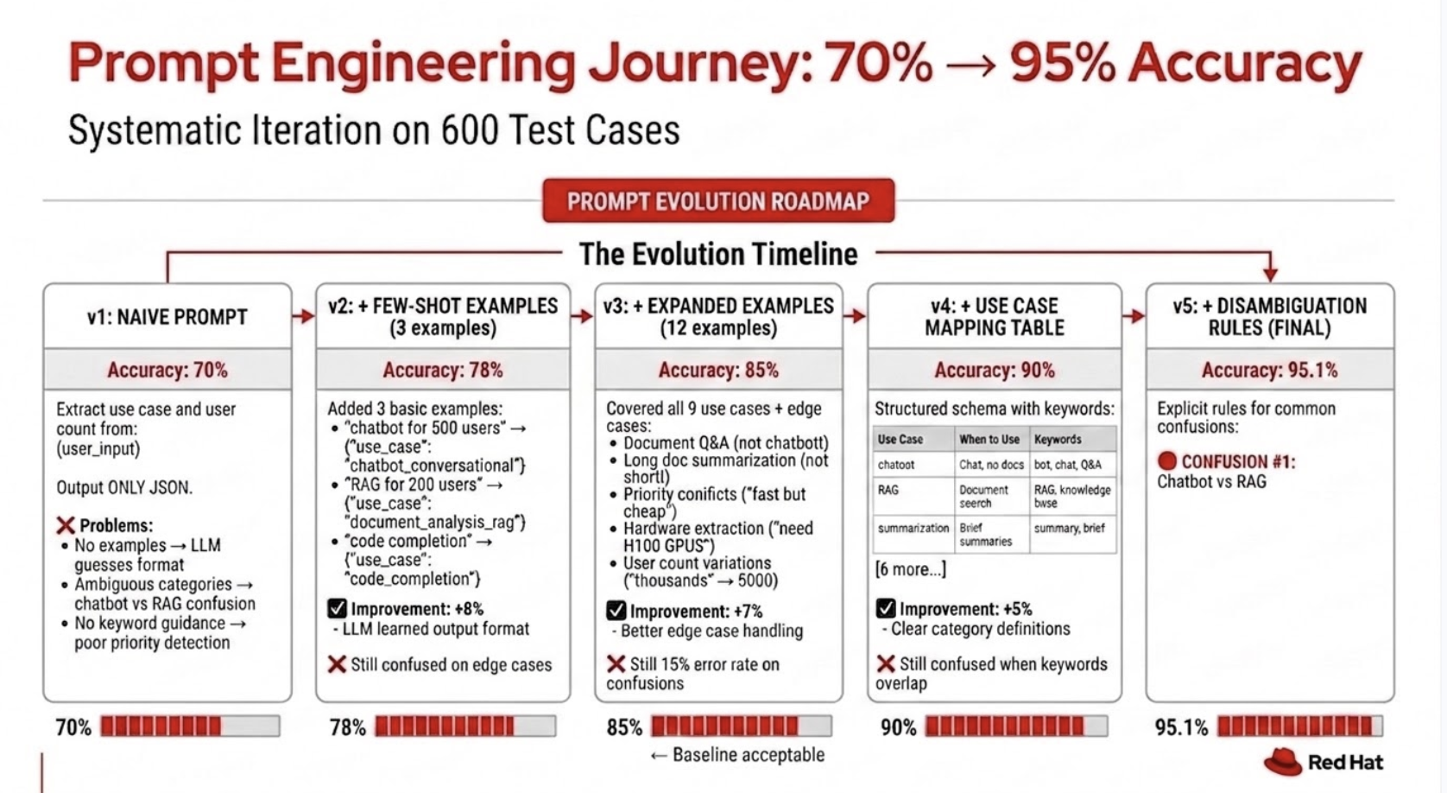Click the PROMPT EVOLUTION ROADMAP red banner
coord(718,201)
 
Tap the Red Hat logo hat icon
coord(1282,762)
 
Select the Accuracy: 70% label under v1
coord(167,371)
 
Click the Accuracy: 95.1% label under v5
coord(1269,371)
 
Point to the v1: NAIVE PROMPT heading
coord(167,317)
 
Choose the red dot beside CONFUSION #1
coord(1166,460)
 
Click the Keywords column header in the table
coord(1058,440)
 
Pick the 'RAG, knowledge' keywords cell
coord(1072,497)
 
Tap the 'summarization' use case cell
coord(913,528)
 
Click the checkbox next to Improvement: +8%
coord(337,609)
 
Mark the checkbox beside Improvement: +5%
coord(886,609)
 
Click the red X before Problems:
coord(66,525)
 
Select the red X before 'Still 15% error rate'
coord(616,663)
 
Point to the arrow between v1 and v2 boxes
coord(303,316)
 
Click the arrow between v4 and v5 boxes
coord(1133,316)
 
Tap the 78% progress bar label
coord(348,727)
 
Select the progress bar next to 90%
coord(1016,726)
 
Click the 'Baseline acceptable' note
coord(737,755)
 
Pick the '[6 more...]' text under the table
coord(910,569)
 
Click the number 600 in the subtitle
coord(470,130)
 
